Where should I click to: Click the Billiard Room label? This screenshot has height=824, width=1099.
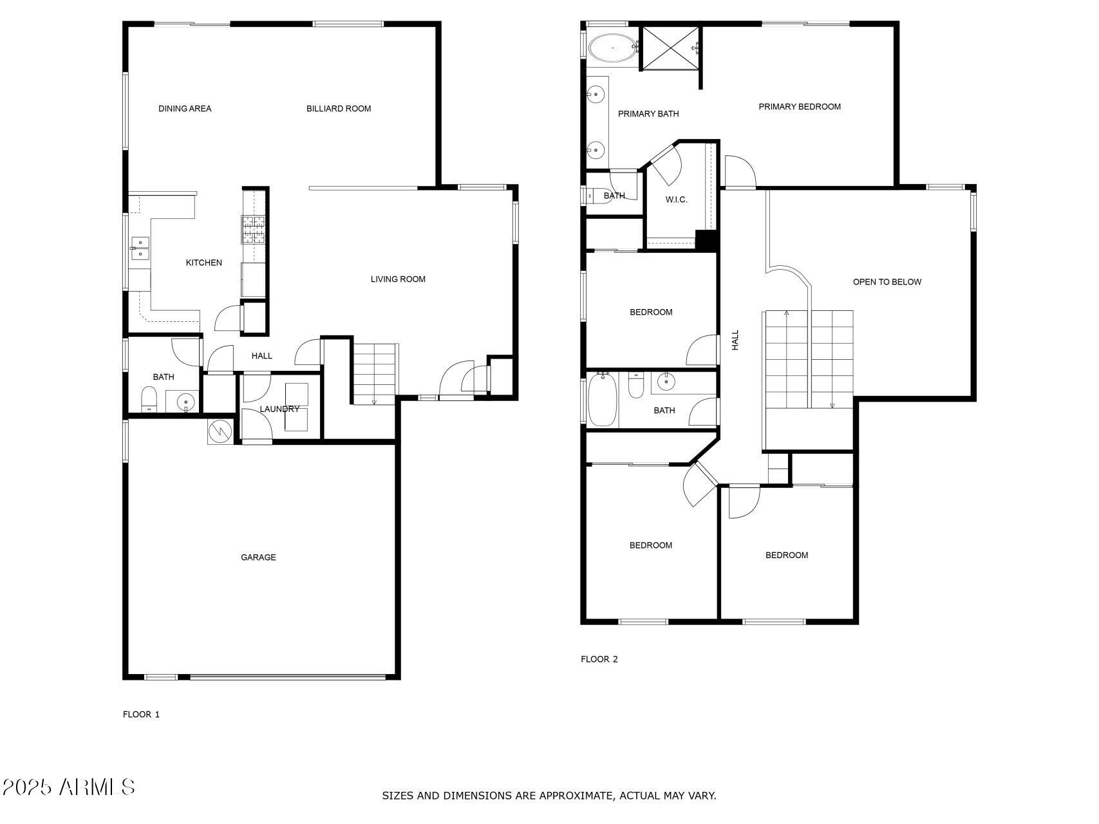coord(339,109)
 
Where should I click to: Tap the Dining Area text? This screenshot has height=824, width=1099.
coord(185,109)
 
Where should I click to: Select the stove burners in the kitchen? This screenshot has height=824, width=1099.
coord(253,230)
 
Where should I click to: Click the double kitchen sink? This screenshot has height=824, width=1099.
coord(140,248)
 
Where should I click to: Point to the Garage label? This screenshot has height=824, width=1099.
coord(258,557)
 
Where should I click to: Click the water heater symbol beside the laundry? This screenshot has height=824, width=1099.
coord(220,431)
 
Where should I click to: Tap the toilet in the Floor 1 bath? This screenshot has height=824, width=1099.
coord(149,400)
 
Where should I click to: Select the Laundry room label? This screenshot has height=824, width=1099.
coord(279,409)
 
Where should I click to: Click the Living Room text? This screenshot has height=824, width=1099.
coord(398,279)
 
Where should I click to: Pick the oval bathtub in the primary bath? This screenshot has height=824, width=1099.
coord(612,48)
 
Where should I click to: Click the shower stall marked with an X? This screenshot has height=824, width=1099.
coord(670,48)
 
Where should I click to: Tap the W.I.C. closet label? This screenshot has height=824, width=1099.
coord(676,200)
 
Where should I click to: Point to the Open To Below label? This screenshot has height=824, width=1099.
coord(887,282)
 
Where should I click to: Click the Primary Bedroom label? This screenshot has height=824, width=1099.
coord(799,107)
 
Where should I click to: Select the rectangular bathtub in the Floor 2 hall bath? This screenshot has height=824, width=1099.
coord(603,400)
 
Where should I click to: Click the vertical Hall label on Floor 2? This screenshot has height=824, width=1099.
coord(735,340)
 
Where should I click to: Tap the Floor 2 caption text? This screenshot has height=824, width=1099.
coord(599,659)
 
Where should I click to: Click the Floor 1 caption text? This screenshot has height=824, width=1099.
coord(141,715)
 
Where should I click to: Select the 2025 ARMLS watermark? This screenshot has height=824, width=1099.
coord(68,787)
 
